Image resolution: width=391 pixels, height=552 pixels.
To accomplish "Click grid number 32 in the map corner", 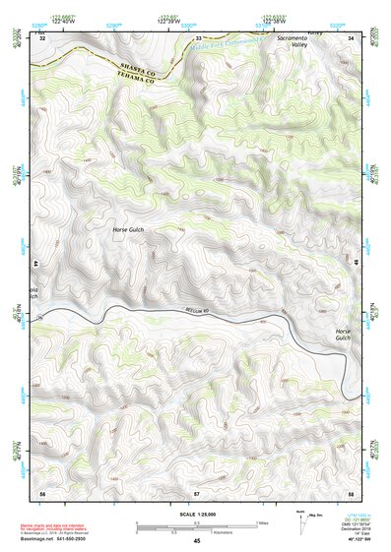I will coord(42,37).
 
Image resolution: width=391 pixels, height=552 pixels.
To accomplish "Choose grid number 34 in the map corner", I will coord(352,37).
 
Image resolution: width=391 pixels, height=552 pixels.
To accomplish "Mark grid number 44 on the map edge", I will coord(37,264).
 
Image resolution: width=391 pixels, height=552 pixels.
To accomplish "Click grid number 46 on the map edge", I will coord(356,264).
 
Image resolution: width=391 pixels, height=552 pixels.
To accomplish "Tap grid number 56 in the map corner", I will coord(42,491).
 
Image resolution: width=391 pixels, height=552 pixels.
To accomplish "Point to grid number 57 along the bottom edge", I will coord(197,491).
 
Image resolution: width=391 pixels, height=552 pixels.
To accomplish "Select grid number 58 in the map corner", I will coord(351,491).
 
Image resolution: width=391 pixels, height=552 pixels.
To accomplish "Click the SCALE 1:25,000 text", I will coord(196,514).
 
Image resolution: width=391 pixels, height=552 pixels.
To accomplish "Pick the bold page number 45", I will coord(196,541).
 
